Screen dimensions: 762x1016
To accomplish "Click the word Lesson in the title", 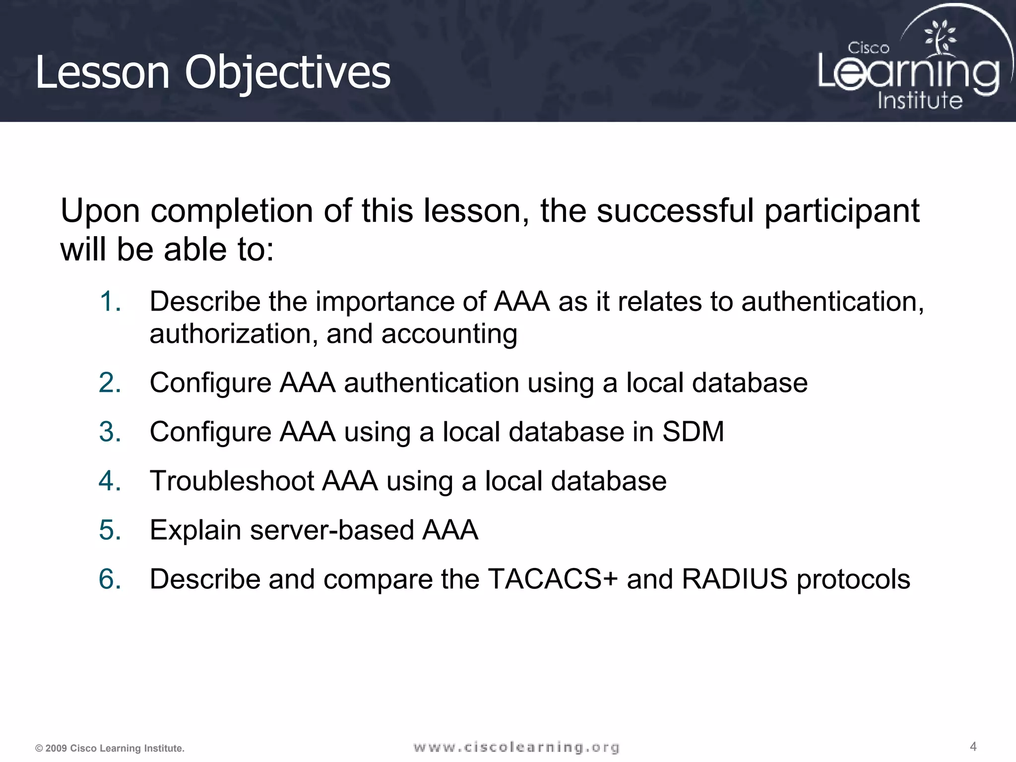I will [102, 73].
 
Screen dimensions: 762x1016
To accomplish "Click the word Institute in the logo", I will [920, 100].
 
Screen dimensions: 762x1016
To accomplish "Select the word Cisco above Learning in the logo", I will [868, 48].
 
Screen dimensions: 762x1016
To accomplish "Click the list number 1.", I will [110, 302].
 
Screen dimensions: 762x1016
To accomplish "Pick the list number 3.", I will [110, 432].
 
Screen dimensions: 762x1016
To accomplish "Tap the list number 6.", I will [110, 579].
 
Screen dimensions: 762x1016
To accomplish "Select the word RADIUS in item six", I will [735, 579].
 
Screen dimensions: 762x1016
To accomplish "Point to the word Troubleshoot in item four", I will [232, 481].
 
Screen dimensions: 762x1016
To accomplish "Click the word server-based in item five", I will [332, 530].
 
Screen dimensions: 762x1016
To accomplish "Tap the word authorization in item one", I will [233, 334].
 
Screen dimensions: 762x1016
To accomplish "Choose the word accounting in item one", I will [449, 334].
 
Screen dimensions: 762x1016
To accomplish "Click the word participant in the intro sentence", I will [842, 211].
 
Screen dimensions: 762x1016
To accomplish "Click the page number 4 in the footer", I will [973, 746].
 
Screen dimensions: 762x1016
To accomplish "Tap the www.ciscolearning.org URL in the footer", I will [516, 747].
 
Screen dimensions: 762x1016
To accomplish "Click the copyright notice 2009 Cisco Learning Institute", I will [110, 748].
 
